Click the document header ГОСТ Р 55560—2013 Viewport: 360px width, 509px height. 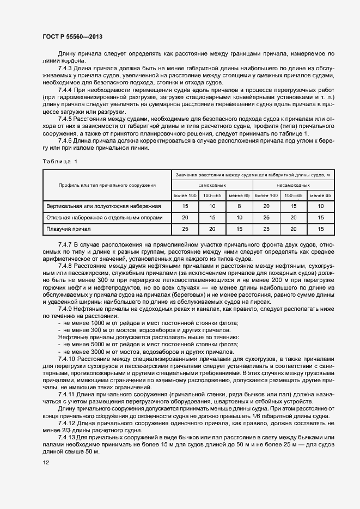(72, 36)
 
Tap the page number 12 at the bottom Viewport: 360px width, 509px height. (46, 463)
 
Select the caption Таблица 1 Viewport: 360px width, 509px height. (60, 161)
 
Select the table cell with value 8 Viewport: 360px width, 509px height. (239, 206)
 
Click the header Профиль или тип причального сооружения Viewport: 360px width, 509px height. (107, 185)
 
